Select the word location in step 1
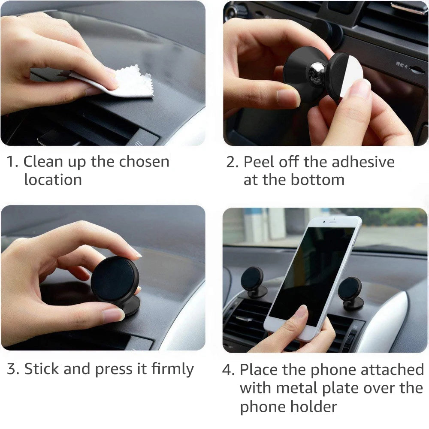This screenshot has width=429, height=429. [x=53, y=180]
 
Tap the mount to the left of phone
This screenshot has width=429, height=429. [x=253, y=281]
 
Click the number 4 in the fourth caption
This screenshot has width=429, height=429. [x=227, y=369]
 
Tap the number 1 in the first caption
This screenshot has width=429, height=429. [x=10, y=162]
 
